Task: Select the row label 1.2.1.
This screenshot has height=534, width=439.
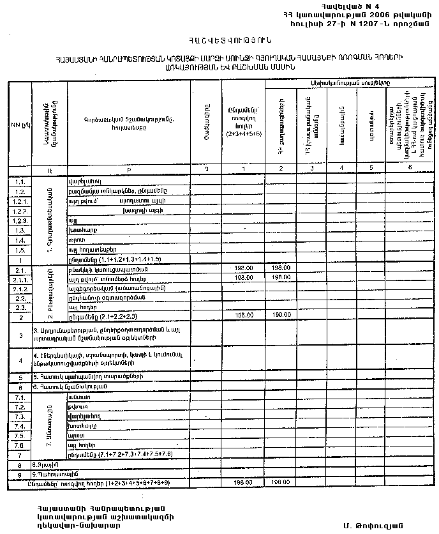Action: tap(19, 200)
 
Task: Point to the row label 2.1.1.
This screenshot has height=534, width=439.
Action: tap(19, 278)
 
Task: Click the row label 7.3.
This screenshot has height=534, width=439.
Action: tap(19, 416)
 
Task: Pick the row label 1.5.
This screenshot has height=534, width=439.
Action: tap(19, 248)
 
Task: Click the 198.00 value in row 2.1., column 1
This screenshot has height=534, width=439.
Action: tap(244, 268)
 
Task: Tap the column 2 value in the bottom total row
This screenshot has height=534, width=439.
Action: tap(280, 484)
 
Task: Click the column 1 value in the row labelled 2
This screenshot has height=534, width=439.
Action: tap(244, 316)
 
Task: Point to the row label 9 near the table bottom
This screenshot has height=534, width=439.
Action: tap(19, 475)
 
